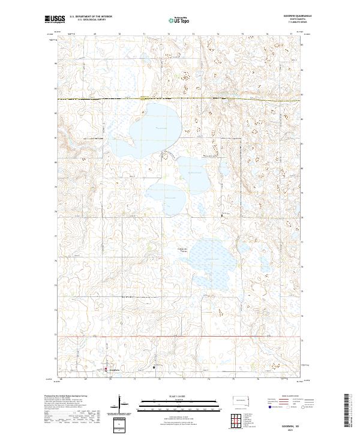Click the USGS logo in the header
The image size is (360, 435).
click(55, 19)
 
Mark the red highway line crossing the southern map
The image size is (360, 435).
click(180, 337)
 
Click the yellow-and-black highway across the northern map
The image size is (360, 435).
click(180, 98)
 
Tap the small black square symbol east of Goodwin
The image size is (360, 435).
click(154, 367)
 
